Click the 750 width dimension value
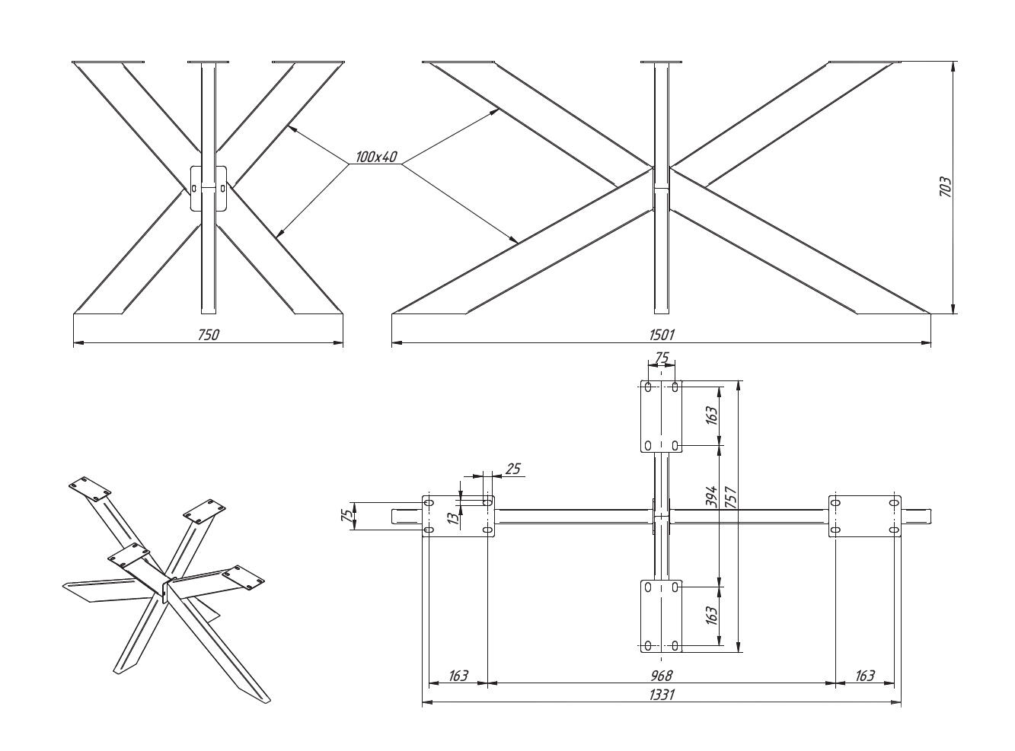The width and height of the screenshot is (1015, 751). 208,334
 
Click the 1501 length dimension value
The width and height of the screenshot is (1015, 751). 662,334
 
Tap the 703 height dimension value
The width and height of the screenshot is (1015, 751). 945,186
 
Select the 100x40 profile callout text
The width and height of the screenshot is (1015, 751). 376,158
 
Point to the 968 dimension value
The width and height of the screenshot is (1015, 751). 662,674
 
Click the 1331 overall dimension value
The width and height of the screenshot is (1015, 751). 662,694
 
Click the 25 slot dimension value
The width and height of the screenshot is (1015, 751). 513,469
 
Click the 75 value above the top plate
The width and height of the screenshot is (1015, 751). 661,358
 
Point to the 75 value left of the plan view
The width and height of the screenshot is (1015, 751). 347,516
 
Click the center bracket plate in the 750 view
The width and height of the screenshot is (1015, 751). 208,188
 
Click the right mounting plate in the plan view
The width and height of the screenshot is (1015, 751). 864,516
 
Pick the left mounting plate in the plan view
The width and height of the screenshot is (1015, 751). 458,517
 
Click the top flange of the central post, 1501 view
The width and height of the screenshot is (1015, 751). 662,62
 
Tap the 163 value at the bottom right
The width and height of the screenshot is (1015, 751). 864,675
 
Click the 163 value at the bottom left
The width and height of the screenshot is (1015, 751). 458,675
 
